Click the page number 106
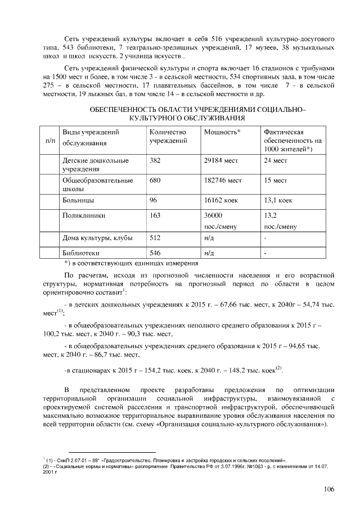[329, 489]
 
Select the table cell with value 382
[155, 160]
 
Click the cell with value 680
[155, 181]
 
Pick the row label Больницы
[78, 200]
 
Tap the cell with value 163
[155, 215]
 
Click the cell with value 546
[155, 253]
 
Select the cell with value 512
[155, 238]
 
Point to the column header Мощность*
[222, 131]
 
